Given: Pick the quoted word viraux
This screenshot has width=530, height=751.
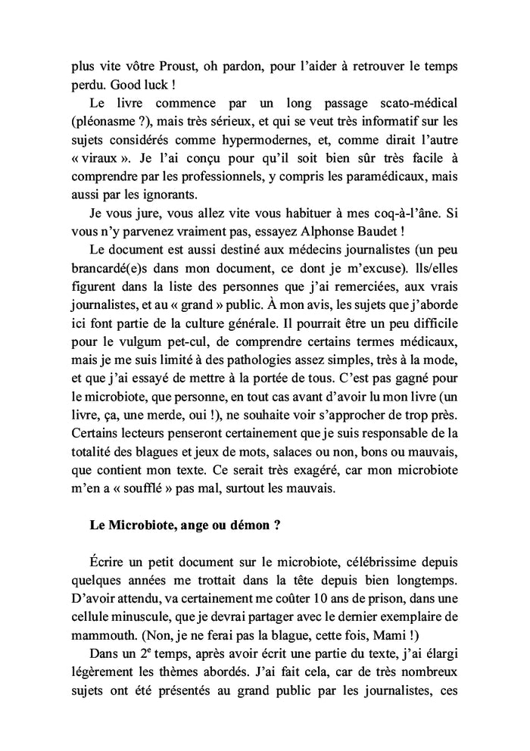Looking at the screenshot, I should click(102, 164).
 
